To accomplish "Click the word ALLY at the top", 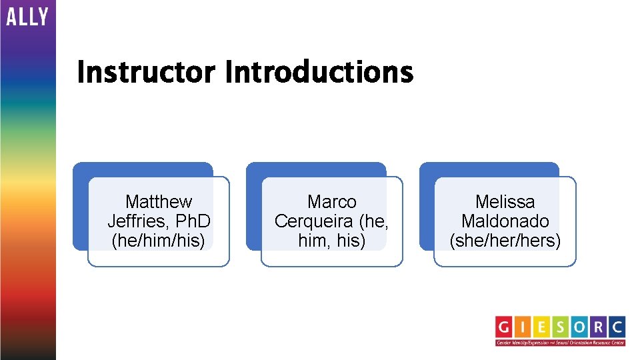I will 27,17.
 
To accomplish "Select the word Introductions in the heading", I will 319,72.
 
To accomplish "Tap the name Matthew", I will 159,201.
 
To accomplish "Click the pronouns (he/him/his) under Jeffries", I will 159,240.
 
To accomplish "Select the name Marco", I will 331,201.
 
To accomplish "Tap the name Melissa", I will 505,201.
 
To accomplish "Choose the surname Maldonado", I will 505,221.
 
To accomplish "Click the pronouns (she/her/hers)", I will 505,240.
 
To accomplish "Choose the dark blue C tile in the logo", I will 617,327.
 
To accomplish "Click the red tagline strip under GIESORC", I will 560,343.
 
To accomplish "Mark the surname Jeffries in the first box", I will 141,221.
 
